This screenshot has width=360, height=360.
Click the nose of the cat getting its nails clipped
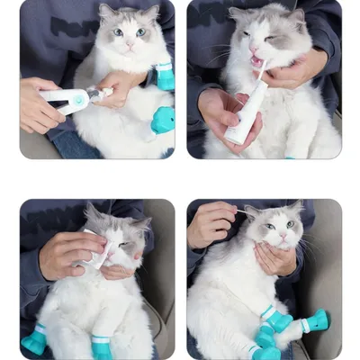click(129, 42)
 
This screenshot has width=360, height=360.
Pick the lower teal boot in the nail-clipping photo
click(163, 120)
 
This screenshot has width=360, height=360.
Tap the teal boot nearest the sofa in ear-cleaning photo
click(316, 319)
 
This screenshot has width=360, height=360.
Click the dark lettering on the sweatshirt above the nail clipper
click(72, 27)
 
